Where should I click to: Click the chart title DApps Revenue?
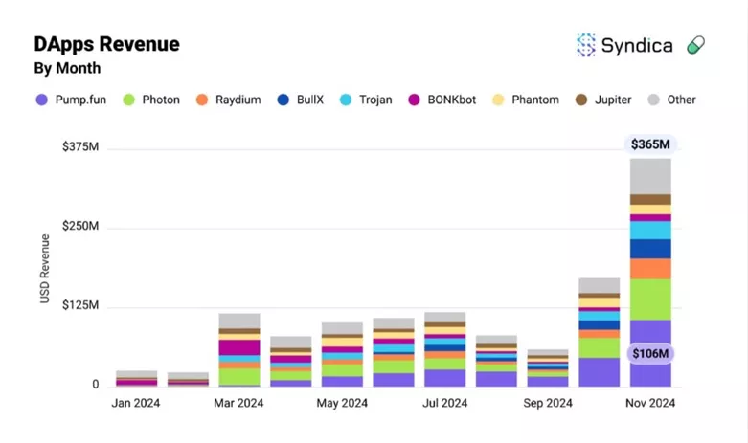[x=106, y=44]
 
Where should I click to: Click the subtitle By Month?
[x=67, y=68]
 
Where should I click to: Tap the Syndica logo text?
[x=637, y=45]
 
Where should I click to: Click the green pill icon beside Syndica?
[x=696, y=45]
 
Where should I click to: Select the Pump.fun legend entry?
[x=71, y=100]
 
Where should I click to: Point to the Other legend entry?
[x=671, y=100]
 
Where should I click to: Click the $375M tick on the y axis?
[x=80, y=147]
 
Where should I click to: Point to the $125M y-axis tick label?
[x=80, y=305]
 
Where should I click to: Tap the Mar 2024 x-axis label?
[x=238, y=403]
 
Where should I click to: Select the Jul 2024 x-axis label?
[x=444, y=403]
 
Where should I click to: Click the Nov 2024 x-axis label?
[x=649, y=403]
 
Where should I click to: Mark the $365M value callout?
[x=651, y=144]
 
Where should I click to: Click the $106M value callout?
[x=651, y=353]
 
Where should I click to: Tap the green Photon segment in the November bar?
[x=650, y=299]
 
